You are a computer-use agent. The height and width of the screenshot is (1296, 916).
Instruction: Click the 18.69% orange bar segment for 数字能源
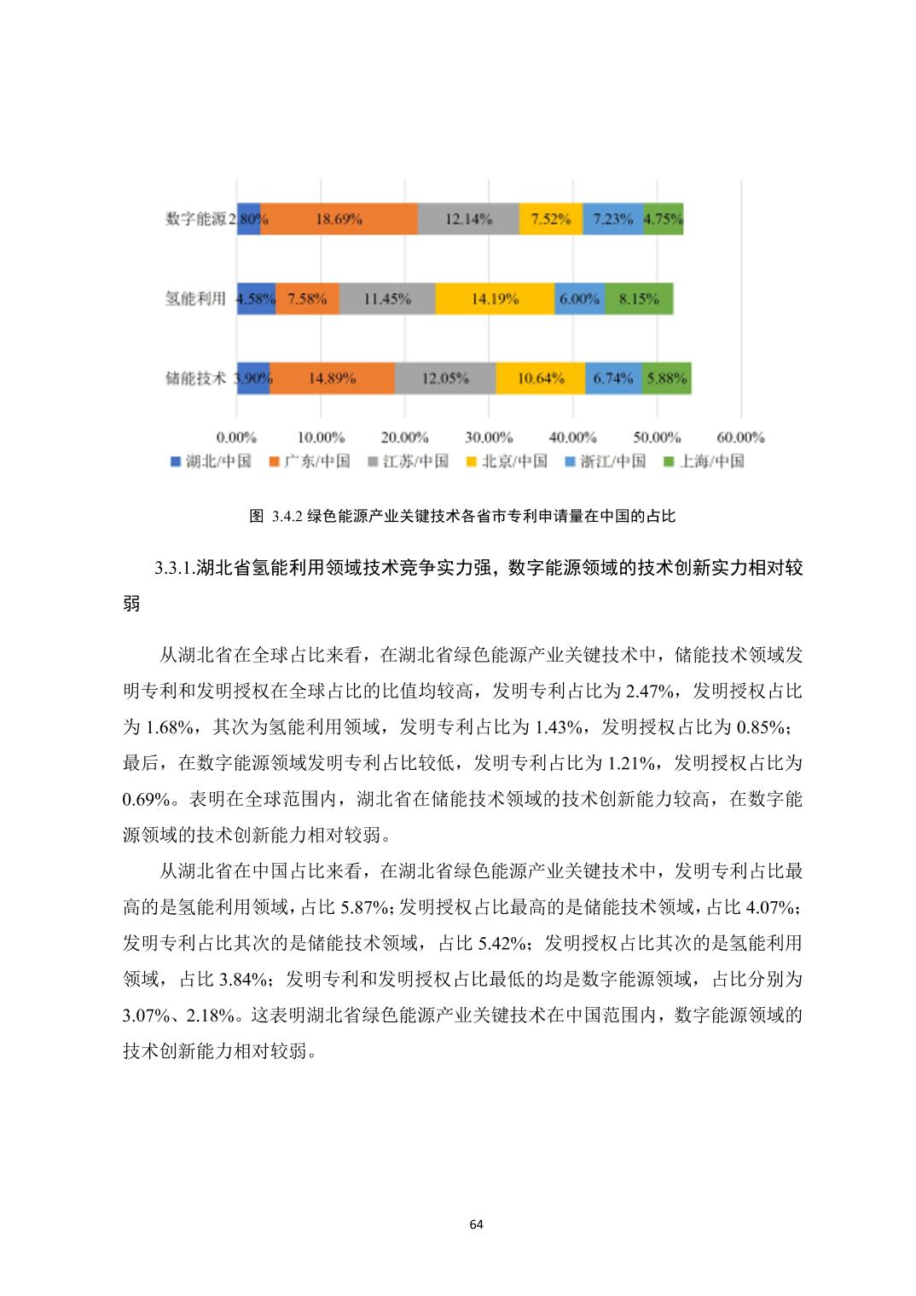[339, 219]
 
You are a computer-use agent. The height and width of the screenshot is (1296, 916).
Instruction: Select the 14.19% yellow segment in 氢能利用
[494, 299]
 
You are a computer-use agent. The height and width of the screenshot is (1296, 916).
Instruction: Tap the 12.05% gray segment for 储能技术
[444, 379]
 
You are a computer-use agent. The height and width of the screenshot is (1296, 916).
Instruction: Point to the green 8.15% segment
[639, 299]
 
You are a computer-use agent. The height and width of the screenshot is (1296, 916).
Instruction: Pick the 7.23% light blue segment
[612, 219]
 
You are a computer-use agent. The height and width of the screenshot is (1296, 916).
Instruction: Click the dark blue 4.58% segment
[255, 299]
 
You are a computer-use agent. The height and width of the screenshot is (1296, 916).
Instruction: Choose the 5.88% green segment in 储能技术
[666, 379]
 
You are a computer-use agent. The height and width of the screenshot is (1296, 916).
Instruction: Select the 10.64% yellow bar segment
[541, 379]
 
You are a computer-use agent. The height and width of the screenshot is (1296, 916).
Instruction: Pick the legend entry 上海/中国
[711, 461]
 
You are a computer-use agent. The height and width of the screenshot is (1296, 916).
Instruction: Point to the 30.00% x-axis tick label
[488, 437]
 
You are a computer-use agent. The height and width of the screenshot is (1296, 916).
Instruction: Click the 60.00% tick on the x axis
[739, 437]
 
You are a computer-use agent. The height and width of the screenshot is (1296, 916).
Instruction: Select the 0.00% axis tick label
[236, 437]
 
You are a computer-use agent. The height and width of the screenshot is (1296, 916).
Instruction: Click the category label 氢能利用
[195, 299]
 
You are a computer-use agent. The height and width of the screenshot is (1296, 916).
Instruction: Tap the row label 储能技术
[195, 379]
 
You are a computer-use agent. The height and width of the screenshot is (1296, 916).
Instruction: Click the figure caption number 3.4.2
[288, 516]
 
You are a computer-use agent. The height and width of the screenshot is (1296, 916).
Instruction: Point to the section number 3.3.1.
[174, 569]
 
